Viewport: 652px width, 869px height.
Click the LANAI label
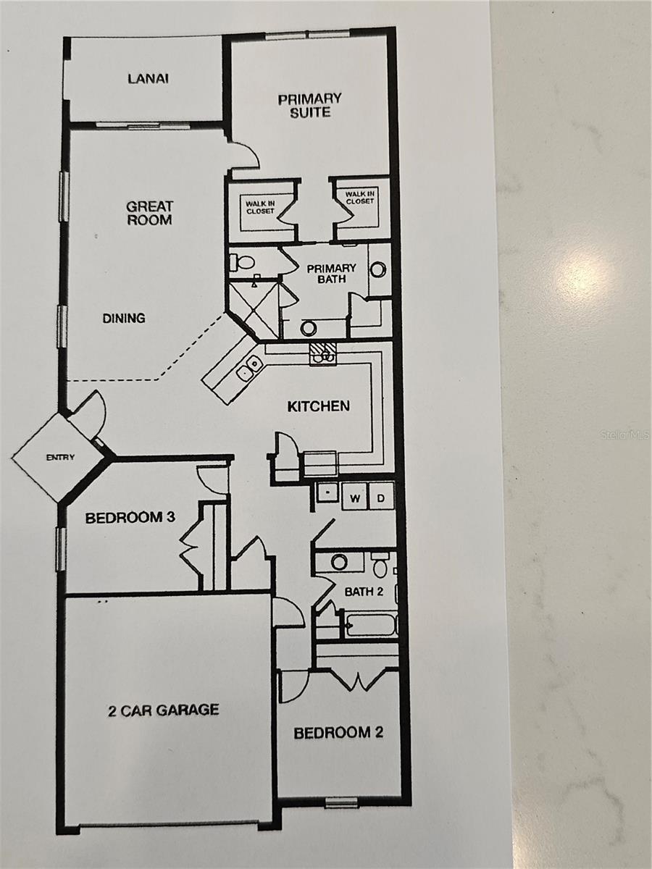coord(149,78)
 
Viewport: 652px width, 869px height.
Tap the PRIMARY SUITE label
coord(310,105)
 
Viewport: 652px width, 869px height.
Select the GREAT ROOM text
coord(150,213)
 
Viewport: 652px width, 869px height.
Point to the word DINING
coord(123,318)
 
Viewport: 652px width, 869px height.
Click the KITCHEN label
coord(319,406)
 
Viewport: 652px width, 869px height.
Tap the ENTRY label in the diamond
coord(60,457)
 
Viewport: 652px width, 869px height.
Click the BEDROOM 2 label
coord(338,733)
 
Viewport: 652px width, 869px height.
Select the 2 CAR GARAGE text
coord(163,710)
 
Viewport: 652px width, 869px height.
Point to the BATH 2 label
coord(364,592)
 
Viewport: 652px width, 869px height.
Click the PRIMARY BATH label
coord(331,273)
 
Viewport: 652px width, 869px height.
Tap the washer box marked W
coord(355,498)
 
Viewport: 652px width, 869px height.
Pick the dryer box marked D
coord(381,498)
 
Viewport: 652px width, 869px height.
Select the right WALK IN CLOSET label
coord(359,198)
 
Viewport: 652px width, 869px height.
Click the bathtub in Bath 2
coord(369,624)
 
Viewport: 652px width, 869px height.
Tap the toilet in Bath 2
coord(380,564)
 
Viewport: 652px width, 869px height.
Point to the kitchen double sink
coord(250,368)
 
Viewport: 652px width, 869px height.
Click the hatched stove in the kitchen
coord(322,353)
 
